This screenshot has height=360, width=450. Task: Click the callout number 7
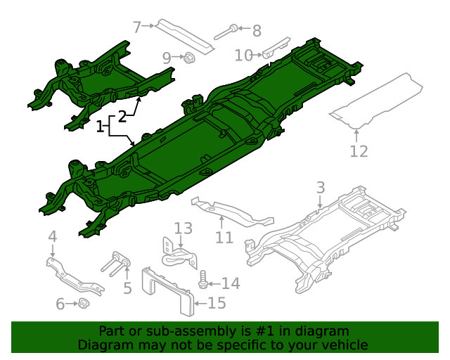point(137,27)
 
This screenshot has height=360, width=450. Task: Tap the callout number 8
point(256,30)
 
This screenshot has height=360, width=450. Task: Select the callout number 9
point(167,58)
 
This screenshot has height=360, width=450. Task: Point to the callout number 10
point(243,55)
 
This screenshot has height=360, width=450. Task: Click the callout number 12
point(359,151)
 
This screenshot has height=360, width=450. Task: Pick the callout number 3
point(321,188)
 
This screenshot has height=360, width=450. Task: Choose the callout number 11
point(224,238)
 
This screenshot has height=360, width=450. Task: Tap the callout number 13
point(183,228)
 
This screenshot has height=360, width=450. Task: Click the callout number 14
point(231,283)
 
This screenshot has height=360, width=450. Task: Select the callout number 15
point(217,303)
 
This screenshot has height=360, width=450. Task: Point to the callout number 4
point(52,236)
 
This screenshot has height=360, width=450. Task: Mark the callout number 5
point(127,288)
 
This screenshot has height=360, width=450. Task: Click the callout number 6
point(60,304)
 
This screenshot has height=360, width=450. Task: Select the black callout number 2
point(122,115)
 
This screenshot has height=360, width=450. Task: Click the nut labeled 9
point(188,58)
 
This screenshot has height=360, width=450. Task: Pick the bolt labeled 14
point(204,281)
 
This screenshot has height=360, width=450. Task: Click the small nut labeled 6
point(82,304)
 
